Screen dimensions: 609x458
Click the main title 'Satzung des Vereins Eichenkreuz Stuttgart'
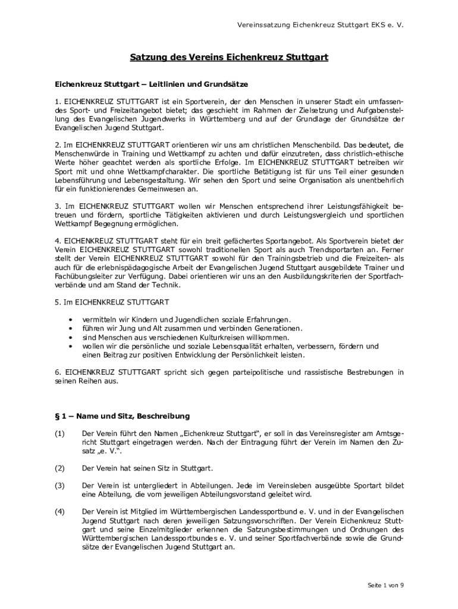point(229,58)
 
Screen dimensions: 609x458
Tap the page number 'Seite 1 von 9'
point(385,585)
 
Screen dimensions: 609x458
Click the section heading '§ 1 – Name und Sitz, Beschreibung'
point(123,416)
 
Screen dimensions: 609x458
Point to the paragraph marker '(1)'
point(59,434)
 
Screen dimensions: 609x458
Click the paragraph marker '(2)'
point(59,468)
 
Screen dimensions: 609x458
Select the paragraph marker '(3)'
point(59,485)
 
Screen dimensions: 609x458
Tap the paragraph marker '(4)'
point(59,511)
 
